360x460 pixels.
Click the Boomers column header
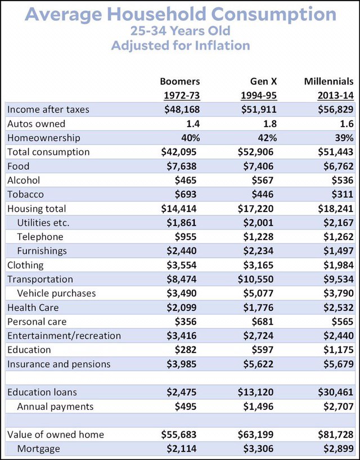pyautogui.click(x=179, y=81)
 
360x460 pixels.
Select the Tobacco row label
pyautogui.click(x=25, y=194)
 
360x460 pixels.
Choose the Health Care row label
pyautogui.click(x=33, y=307)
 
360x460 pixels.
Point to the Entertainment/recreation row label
pyautogui.click(x=64, y=336)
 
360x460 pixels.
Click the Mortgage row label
pyautogui.click(x=38, y=449)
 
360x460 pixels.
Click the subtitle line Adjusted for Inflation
pyautogui.click(x=179, y=46)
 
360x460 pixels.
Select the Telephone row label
pyautogui.click(x=40, y=237)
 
